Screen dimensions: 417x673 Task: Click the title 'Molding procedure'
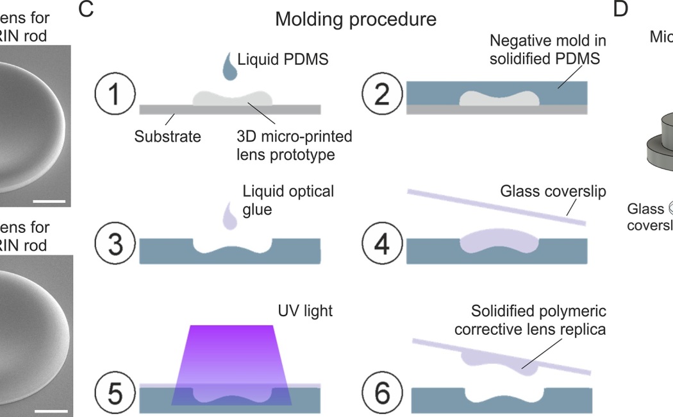tap(356, 19)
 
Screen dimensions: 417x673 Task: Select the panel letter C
tap(88, 10)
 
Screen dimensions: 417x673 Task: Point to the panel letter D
tap(621, 10)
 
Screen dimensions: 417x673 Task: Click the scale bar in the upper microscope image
tap(49, 201)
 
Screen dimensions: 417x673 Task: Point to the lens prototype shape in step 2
tap(497, 98)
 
